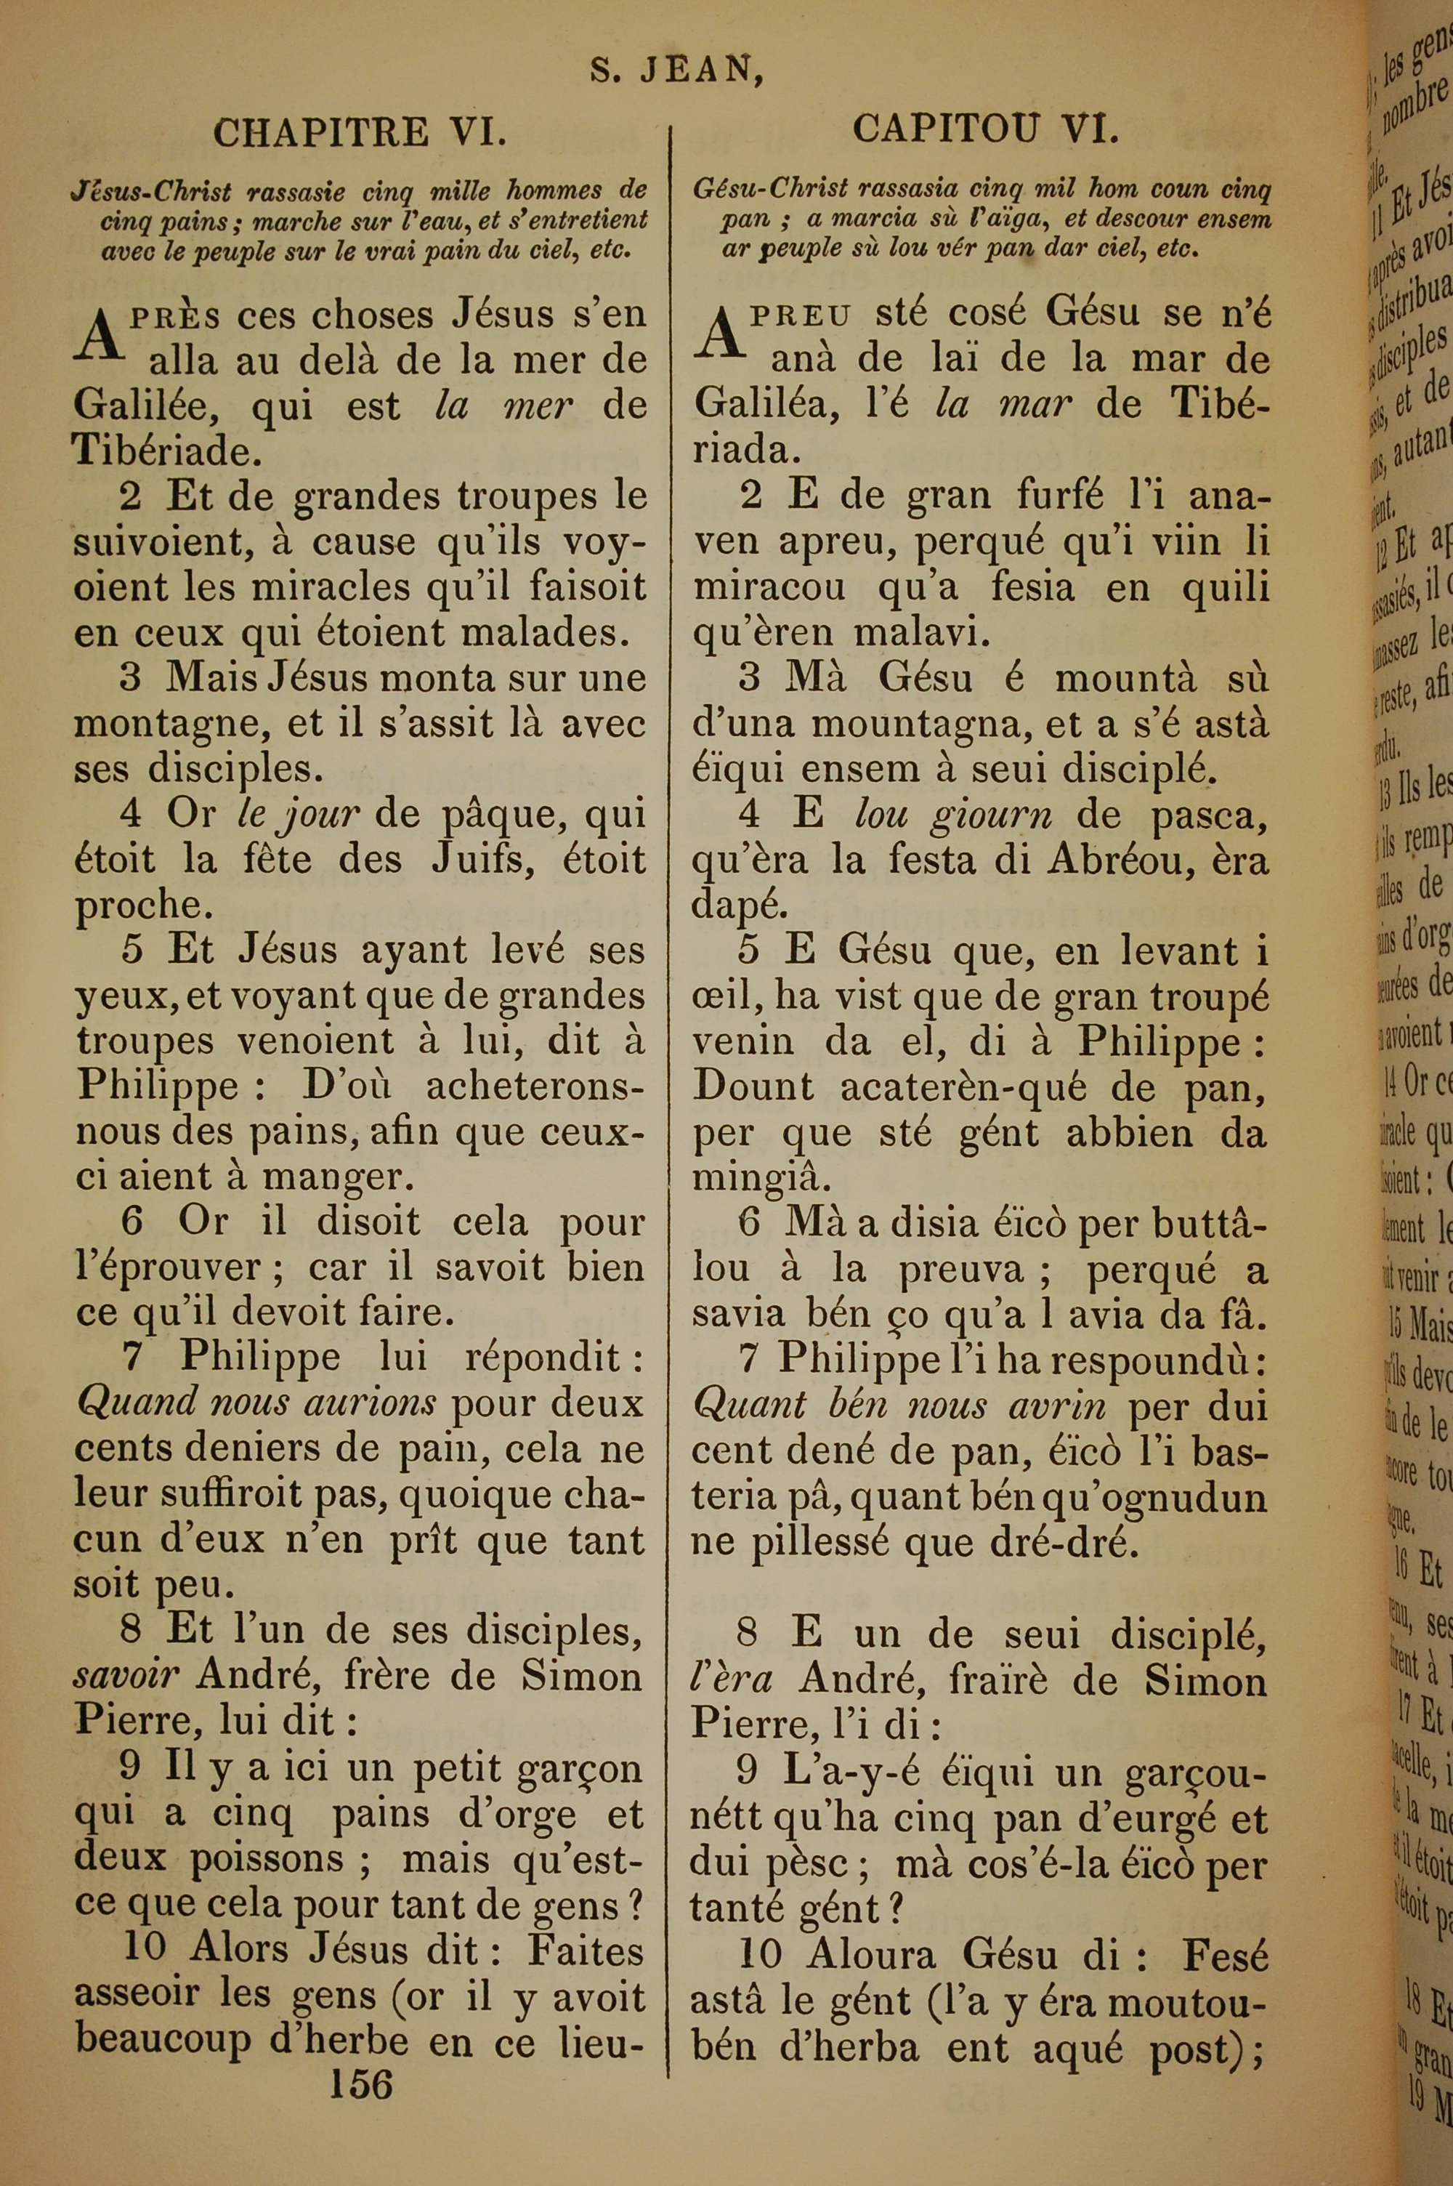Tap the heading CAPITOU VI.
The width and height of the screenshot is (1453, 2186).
[985, 129]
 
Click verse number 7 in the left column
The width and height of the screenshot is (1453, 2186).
[132, 1358]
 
